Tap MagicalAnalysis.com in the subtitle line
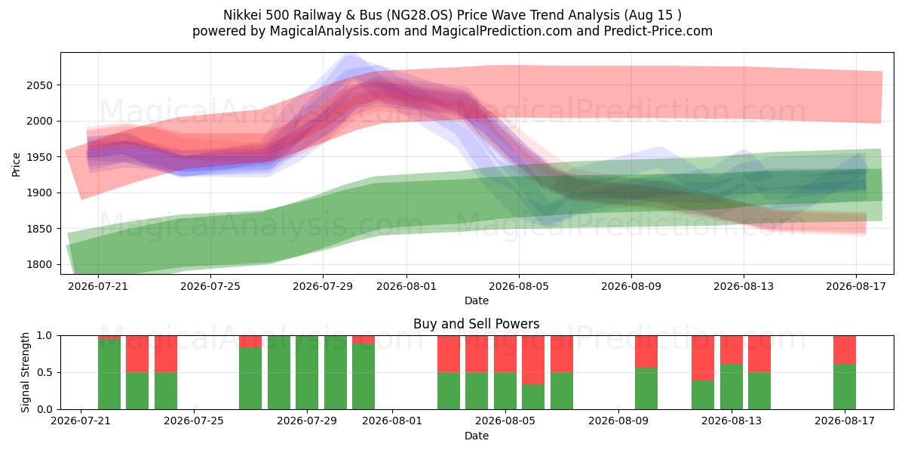pyautogui.click(x=335, y=31)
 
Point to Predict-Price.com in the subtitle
pyautogui.click(x=658, y=31)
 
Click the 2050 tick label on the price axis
pyautogui.click(x=39, y=85)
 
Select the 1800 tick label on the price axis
pyautogui.click(x=39, y=264)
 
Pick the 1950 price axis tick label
pyautogui.click(x=39, y=157)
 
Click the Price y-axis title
pyautogui.click(x=16, y=165)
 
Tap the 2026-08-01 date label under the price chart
pyautogui.click(x=406, y=286)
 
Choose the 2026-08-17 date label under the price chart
pyautogui.click(x=856, y=286)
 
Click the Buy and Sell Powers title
pyautogui.click(x=477, y=324)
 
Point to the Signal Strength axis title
pyautogui.click(x=25, y=372)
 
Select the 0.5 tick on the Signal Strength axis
pyautogui.click(x=44, y=372)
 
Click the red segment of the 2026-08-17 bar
pyautogui.click(x=845, y=350)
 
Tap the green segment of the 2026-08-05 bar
pyautogui.click(x=505, y=391)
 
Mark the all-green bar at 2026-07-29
pyautogui.click(x=307, y=372)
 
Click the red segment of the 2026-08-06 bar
pyautogui.click(x=533, y=360)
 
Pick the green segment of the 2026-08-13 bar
pyautogui.click(x=732, y=387)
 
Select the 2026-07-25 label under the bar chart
pyautogui.click(x=194, y=421)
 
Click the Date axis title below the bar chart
pyautogui.click(x=477, y=436)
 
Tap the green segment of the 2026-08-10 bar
pyautogui.click(x=646, y=388)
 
